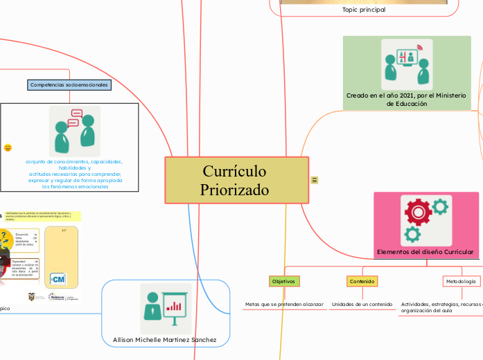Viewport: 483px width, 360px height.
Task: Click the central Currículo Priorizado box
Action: (236, 180)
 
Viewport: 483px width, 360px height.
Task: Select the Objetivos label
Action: (283, 281)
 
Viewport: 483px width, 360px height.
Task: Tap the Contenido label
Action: (362, 281)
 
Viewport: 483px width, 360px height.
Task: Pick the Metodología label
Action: (461, 281)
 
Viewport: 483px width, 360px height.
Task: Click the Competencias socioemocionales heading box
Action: (69, 84)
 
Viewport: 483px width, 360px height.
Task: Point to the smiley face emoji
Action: (8, 147)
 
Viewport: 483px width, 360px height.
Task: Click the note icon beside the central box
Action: (315, 180)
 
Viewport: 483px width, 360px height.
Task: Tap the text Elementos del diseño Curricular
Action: (425, 251)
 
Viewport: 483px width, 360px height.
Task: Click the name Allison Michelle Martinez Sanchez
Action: (165, 339)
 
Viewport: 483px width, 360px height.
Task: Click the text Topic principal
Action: (364, 10)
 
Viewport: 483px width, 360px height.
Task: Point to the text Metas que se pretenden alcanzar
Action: (284, 304)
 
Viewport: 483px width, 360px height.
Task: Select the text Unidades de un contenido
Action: (362, 304)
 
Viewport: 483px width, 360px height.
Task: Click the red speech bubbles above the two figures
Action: (76, 114)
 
